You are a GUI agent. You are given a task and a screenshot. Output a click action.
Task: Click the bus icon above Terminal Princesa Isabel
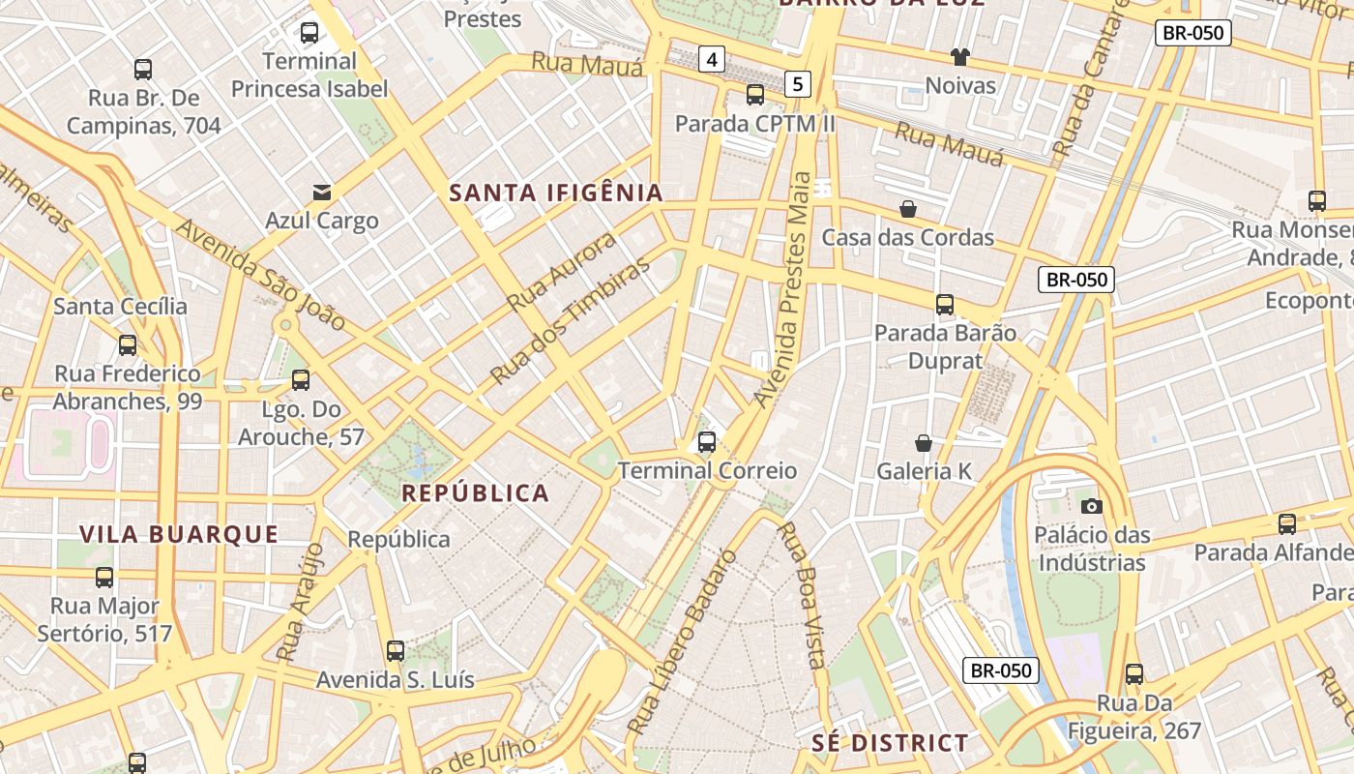tap(309, 33)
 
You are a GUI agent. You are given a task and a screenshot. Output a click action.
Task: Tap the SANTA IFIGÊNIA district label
tap(556, 193)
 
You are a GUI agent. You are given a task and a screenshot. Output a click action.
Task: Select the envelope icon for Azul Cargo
tap(321, 193)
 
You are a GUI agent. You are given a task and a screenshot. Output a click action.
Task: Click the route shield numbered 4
tap(712, 59)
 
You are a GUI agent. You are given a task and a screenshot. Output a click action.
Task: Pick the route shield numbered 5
tap(797, 84)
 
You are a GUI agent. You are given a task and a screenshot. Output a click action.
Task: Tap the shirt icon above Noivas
tap(959, 57)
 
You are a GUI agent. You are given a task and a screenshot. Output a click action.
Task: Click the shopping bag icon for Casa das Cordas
tap(908, 209)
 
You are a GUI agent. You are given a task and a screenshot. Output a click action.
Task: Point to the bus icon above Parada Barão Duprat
tap(945, 305)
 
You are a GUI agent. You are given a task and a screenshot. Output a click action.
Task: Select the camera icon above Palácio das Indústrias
tap(1091, 506)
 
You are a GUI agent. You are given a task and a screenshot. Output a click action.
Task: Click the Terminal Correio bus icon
tap(707, 442)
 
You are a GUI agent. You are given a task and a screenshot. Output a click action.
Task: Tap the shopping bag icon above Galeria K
tap(924, 443)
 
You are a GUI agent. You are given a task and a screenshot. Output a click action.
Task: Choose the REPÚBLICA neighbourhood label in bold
tap(475, 493)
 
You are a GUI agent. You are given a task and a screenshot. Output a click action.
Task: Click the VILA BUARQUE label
tap(179, 534)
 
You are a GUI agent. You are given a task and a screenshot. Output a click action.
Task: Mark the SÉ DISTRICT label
tap(889, 743)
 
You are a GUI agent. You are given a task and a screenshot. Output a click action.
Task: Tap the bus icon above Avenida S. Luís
tap(395, 651)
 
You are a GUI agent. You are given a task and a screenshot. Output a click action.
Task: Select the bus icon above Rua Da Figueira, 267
tap(1133, 674)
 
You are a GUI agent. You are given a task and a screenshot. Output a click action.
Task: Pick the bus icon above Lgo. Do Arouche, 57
tap(301, 380)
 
